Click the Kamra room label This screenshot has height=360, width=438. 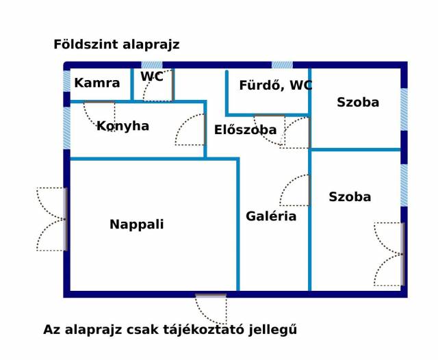(x=97, y=83)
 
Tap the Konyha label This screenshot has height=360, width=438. (x=123, y=126)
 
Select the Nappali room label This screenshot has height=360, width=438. (x=137, y=224)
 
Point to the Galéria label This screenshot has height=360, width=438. (x=271, y=216)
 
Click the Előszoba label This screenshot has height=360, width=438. (x=245, y=130)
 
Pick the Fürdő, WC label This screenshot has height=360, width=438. (x=275, y=86)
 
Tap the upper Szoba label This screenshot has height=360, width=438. (x=358, y=103)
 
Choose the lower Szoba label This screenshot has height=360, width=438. (x=350, y=197)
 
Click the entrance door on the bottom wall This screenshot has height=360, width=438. (x=211, y=307)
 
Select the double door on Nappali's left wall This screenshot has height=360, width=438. (x=53, y=219)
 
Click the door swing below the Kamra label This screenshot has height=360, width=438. (x=100, y=115)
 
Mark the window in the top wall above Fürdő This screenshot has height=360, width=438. (x=282, y=65)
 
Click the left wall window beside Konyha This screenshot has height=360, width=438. (x=66, y=128)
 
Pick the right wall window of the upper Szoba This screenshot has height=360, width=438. (x=404, y=110)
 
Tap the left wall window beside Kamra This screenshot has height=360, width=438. (x=66, y=81)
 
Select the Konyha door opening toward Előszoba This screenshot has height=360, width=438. (x=191, y=129)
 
